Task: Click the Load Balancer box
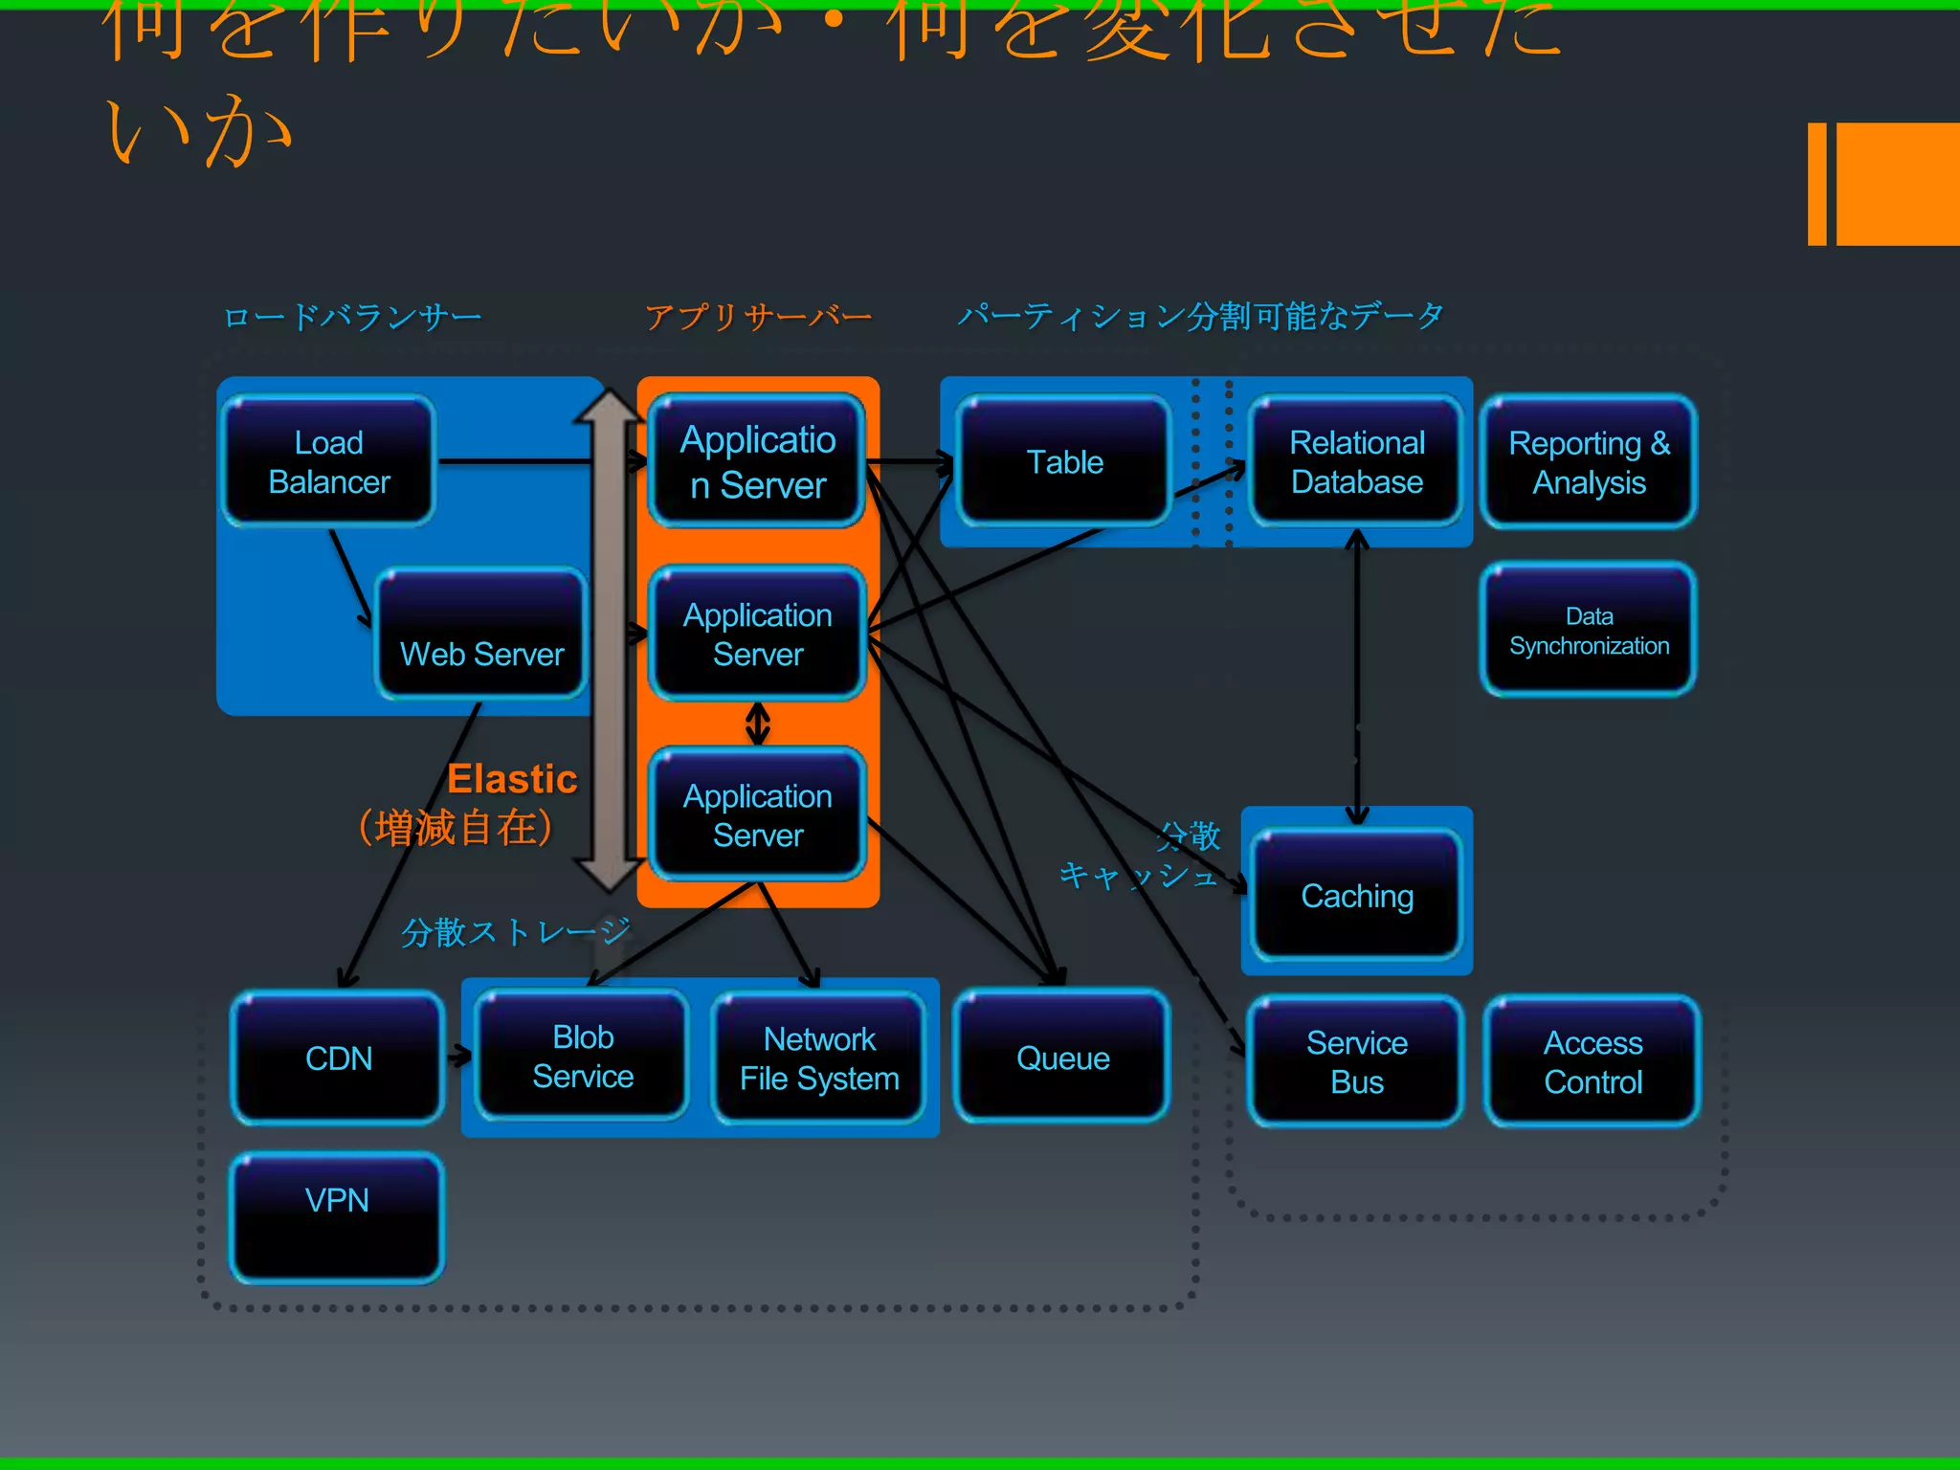(x=328, y=461)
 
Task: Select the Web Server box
(x=481, y=634)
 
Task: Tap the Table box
(x=1064, y=461)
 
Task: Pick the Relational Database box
(x=1356, y=461)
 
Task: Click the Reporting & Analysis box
(x=1589, y=461)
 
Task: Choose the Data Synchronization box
(x=1589, y=630)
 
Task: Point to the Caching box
(x=1356, y=895)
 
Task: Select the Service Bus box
(x=1356, y=1060)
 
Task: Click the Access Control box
(x=1592, y=1060)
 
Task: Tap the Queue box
(x=1062, y=1057)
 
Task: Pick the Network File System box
(x=819, y=1057)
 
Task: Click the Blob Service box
(x=583, y=1055)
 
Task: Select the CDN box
(x=338, y=1057)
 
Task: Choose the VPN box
(x=336, y=1215)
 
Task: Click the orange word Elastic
(x=512, y=779)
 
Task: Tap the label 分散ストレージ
(x=515, y=931)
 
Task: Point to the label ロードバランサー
(x=352, y=316)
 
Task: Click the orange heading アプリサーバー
(x=758, y=316)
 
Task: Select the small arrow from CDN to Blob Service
(x=459, y=1057)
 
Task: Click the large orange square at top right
(x=1897, y=184)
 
